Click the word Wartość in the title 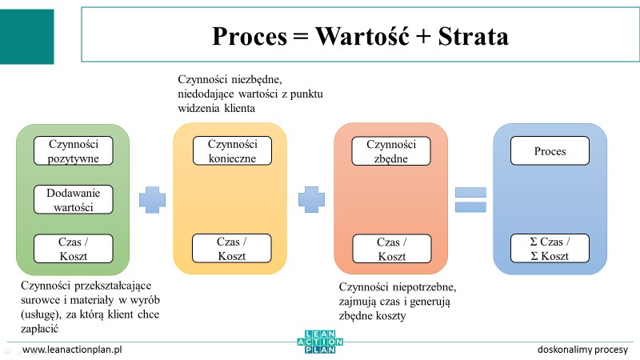pos(362,36)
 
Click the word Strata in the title pos(474,36)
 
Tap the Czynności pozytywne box pos(74,150)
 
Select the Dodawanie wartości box pos(74,199)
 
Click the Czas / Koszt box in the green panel pos(74,249)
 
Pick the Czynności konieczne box pos(232,150)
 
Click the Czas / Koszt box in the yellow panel pos(232,248)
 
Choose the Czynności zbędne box pos(391,151)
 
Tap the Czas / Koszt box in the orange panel pos(392,249)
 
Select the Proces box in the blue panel pos(550,150)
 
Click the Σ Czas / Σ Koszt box pos(550,248)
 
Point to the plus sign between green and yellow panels pos(152,199)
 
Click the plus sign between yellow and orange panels pos(311,199)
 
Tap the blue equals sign pos(470,199)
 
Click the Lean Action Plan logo pos(320,342)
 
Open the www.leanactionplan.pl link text pos(72,350)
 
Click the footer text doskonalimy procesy pos(582,350)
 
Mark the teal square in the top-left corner pos(27,37)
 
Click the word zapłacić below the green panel pos(39,329)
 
